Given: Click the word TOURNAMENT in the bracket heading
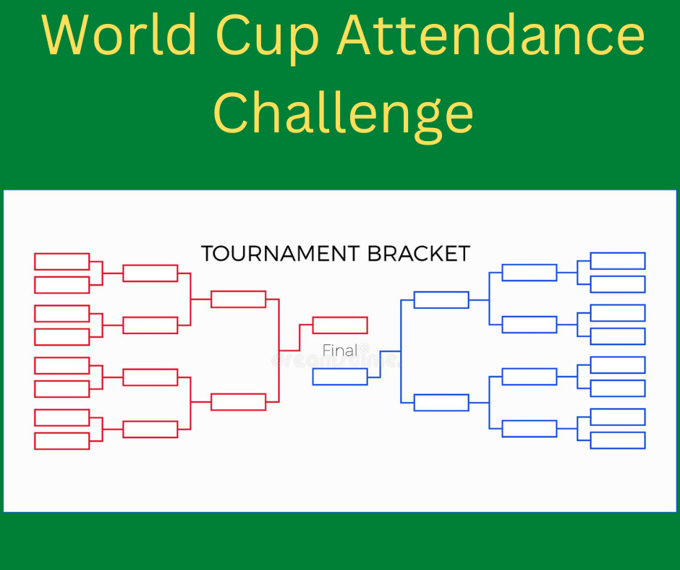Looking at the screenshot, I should click(279, 254).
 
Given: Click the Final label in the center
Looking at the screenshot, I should click(340, 351).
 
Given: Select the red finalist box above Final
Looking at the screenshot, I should click(340, 325).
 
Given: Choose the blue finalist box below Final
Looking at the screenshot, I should click(340, 377).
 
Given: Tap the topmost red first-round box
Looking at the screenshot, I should click(62, 261).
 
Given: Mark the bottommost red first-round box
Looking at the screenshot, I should click(62, 441).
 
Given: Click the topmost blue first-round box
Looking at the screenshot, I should click(618, 261).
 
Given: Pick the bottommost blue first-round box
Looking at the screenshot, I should click(618, 441).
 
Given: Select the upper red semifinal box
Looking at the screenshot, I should click(239, 299).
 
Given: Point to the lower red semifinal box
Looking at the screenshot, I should click(239, 402).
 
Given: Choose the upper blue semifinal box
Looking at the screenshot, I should click(441, 299).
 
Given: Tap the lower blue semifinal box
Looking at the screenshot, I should click(441, 403).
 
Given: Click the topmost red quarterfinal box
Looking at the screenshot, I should click(150, 273).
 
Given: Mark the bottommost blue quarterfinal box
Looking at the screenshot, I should click(530, 429).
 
